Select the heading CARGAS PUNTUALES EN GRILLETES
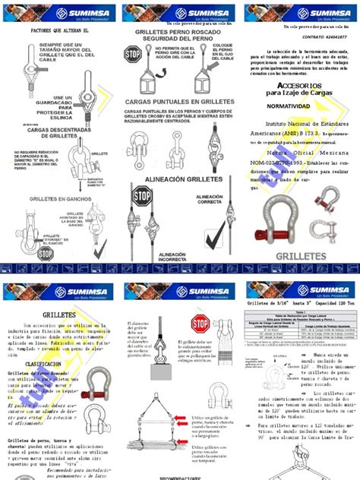(179, 101)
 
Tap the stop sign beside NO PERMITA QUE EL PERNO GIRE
(133, 54)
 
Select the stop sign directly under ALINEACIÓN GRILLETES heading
(142, 196)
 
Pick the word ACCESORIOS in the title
(299, 86)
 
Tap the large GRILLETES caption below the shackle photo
(301, 257)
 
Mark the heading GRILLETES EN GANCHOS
(38, 198)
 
